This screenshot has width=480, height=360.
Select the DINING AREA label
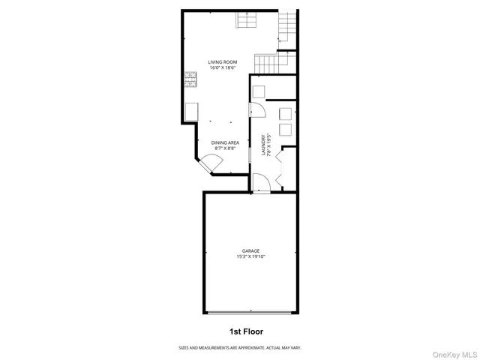click(x=224, y=142)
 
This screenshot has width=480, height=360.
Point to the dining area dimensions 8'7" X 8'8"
click(x=224, y=148)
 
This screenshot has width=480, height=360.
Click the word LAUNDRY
click(x=263, y=145)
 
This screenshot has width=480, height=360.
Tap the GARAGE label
click(x=250, y=250)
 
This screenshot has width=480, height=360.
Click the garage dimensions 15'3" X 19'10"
click(x=250, y=256)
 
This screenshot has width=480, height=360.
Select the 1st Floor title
click(x=246, y=331)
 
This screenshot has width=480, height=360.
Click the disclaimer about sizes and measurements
click(x=239, y=347)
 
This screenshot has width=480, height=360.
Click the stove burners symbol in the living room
click(x=190, y=76)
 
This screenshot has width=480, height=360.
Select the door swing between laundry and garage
click(x=259, y=182)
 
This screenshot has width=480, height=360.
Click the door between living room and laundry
click(x=256, y=109)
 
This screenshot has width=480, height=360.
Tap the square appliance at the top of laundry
click(x=258, y=91)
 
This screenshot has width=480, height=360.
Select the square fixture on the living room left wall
click(x=190, y=112)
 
